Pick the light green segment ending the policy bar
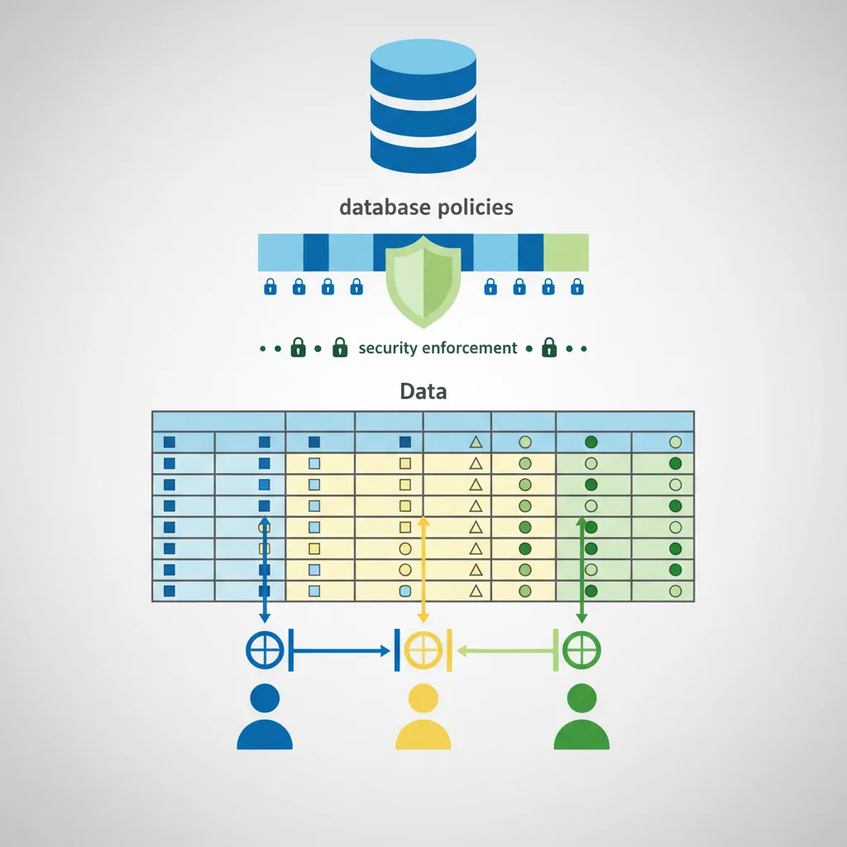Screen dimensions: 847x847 566,252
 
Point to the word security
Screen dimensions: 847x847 388,348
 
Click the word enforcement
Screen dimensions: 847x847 469,348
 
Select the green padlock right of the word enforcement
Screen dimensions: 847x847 549,348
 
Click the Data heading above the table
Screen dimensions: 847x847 423,390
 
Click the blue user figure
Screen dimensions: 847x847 265,720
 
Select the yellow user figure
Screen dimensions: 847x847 423,720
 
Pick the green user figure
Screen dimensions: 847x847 581,720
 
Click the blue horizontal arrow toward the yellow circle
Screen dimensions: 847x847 339,651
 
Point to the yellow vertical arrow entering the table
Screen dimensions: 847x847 423,571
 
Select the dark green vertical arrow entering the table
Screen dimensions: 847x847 581,571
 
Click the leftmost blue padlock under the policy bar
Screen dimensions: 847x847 270,287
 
